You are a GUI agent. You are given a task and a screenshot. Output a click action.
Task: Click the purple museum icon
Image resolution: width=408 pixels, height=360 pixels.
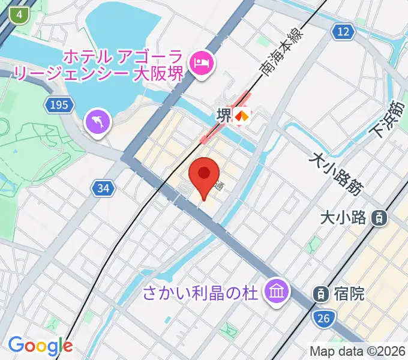click(x=277, y=292)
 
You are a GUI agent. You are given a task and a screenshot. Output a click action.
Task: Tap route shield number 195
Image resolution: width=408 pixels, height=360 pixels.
click(x=59, y=105)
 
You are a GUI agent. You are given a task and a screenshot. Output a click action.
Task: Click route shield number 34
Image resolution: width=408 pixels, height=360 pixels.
click(x=103, y=188)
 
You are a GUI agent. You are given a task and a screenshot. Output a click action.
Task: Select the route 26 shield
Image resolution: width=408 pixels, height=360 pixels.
click(x=324, y=319)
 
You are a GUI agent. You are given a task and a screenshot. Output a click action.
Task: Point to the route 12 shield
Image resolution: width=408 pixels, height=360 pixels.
click(x=343, y=32)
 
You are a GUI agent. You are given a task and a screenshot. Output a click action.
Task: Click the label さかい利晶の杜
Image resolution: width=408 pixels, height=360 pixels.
click(x=200, y=293)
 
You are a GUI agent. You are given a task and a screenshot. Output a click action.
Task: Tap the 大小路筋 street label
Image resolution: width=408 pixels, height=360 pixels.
click(x=336, y=173)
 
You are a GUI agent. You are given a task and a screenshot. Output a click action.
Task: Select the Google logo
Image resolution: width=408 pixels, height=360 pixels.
click(x=40, y=346)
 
